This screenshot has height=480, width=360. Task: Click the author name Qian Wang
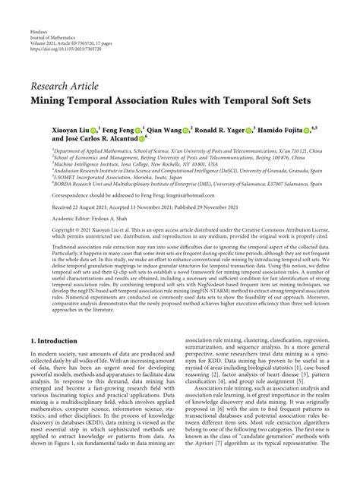pos(167,130)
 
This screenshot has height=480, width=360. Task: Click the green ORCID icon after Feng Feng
pos(136,130)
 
